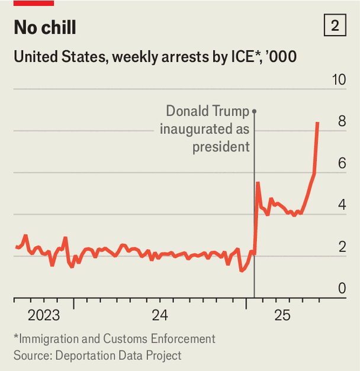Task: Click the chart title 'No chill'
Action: [x=45, y=27]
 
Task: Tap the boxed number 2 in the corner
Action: [x=335, y=26]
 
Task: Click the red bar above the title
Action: [x=33, y=3]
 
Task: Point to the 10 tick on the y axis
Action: [x=339, y=79]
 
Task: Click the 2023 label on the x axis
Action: [x=43, y=315]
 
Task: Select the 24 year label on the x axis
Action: [x=160, y=315]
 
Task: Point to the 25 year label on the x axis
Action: [x=282, y=315]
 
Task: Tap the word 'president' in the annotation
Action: [x=221, y=146]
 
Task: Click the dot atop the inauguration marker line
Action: [x=254, y=111]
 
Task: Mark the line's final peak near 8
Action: [x=318, y=123]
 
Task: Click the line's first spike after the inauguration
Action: [x=258, y=183]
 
